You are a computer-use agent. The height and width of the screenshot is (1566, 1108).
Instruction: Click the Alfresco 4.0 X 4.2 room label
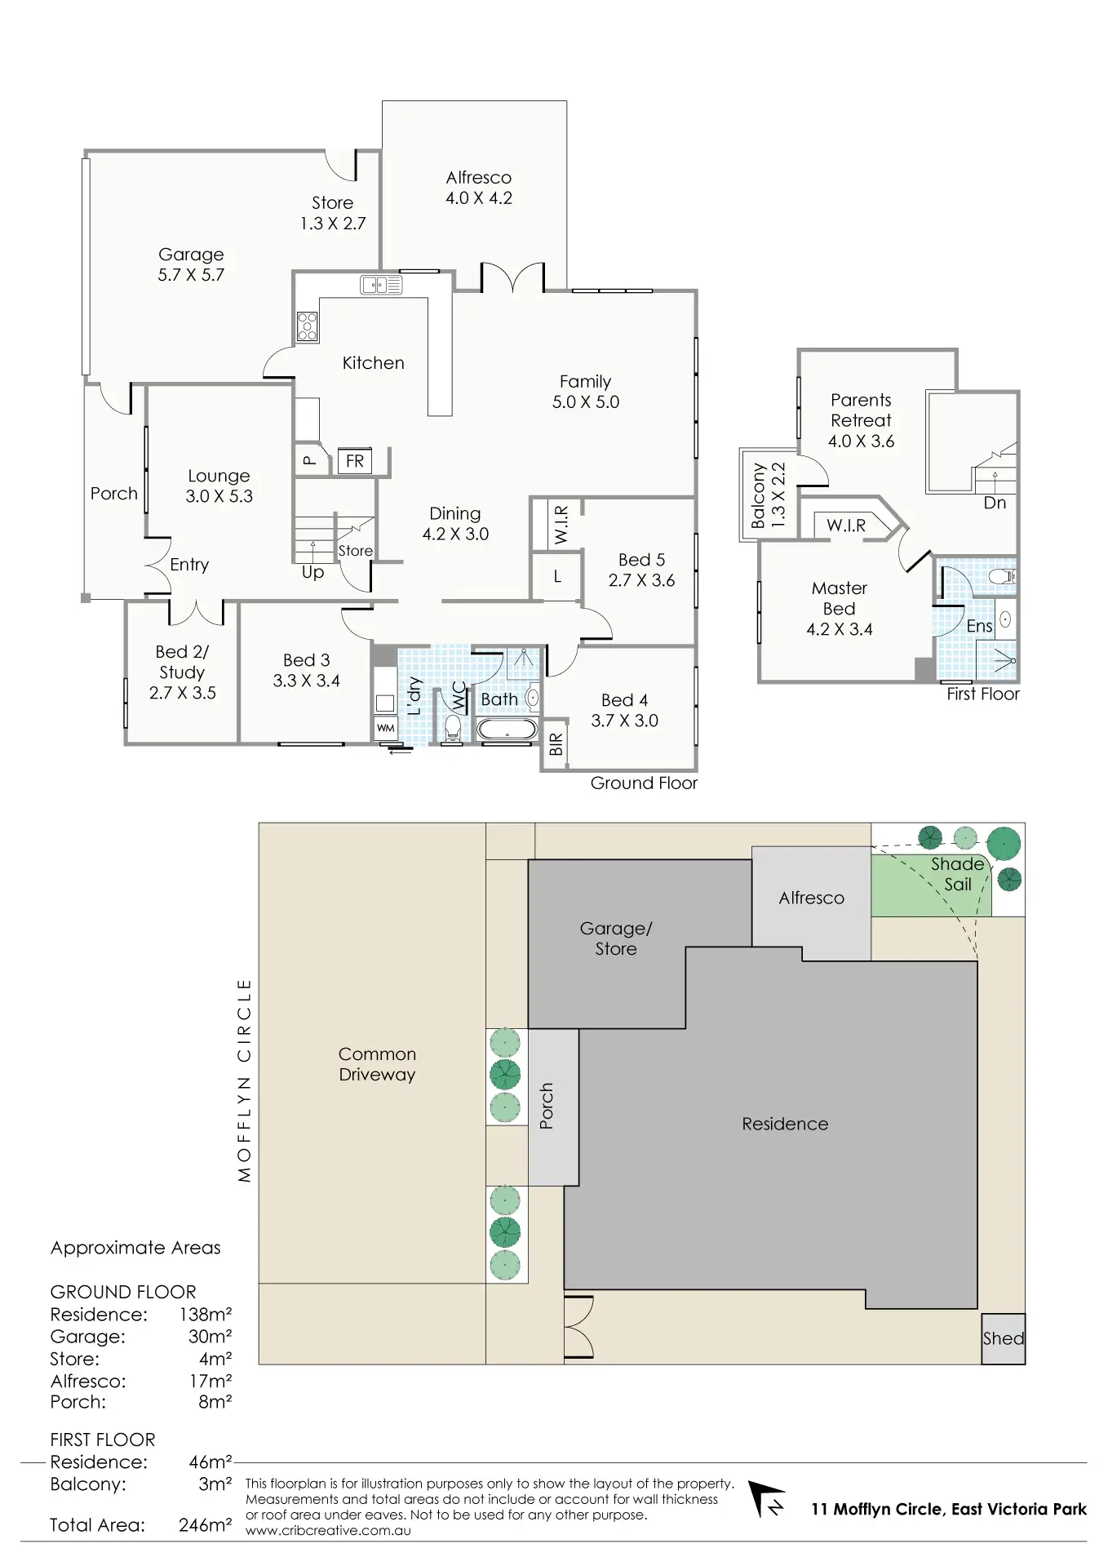479,188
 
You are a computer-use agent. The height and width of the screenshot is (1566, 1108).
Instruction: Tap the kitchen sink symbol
381,285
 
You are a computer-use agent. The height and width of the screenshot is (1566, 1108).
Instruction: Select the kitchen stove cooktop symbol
308,326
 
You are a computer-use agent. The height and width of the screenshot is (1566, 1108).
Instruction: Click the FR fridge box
355,461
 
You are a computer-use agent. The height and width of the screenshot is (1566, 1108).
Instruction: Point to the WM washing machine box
385,728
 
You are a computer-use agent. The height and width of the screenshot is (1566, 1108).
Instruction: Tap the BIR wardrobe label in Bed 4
556,744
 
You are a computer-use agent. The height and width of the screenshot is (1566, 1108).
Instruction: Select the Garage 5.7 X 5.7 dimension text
191,275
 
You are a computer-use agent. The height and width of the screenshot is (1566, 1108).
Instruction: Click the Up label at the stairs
312,572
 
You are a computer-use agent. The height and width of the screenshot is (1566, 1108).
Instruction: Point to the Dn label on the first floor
995,503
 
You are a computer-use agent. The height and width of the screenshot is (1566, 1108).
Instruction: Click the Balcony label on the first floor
758,495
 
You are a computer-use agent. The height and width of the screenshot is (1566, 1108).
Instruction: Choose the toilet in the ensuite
1003,577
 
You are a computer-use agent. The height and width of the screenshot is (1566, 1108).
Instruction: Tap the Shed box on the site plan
1003,1338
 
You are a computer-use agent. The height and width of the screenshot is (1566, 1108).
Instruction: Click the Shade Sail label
958,874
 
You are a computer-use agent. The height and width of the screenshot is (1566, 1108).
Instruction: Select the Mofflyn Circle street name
244,1080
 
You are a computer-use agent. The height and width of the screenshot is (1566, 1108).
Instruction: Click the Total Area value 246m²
205,1524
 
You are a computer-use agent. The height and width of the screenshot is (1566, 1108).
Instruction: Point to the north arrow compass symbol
767,1500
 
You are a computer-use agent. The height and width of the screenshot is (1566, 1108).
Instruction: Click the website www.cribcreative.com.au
328,1530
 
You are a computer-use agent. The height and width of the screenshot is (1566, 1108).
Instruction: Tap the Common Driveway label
377,1064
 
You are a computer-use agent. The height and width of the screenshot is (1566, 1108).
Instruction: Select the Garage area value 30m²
210,1337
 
